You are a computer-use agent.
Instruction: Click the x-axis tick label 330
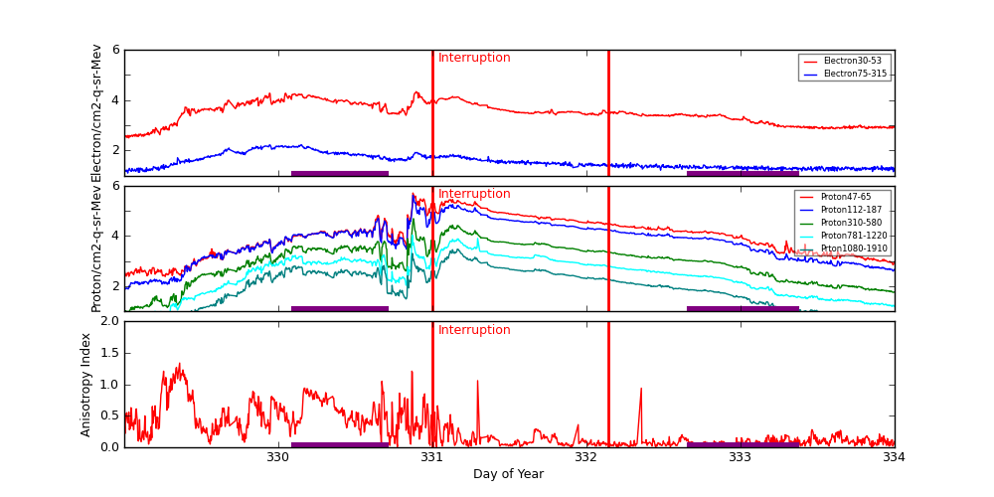point(278,457)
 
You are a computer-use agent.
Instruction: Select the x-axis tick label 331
point(432,457)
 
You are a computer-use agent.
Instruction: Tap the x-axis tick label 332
point(586,457)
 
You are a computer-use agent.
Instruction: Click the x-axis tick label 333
point(741,457)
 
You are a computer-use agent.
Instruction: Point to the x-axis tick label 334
point(894,457)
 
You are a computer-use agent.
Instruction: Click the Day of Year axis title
point(508,474)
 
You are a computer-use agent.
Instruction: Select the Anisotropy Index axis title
point(86,384)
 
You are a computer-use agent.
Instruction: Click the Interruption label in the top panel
point(474,58)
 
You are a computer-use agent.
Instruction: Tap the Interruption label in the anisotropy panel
point(474,330)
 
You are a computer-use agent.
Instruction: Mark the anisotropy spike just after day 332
point(640,390)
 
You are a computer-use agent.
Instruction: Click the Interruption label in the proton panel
point(474,194)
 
